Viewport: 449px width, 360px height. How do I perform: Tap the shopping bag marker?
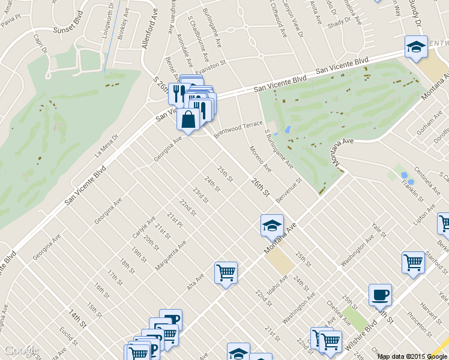pos(188,119)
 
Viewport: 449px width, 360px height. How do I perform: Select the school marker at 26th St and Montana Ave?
pos(272,226)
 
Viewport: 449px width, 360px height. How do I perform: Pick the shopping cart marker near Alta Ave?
pos(226,273)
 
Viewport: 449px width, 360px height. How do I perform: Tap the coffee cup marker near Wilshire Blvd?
pos(380,295)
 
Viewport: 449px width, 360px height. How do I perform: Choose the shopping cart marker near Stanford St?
pos(414,262)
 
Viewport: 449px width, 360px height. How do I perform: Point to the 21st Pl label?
pos(175,220)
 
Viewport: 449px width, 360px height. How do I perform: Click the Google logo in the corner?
pos(20,350)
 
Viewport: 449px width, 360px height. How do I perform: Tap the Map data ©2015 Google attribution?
pos(412,356)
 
